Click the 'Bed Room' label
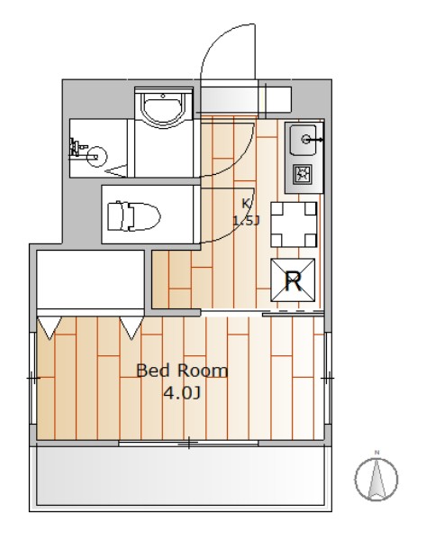click(182, 371)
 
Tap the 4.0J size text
click(182, 393)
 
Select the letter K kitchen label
click(246, 204)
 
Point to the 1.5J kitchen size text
click(246, 221)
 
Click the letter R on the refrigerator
click(294, 281)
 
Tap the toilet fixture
click(133, 216)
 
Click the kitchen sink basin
click(303, 140)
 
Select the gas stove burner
click(303, 174)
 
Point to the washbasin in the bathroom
click(164, 108)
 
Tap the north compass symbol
click(376, 479)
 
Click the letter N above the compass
click(377, 453)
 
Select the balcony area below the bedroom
click(180, 478)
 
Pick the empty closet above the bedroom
click(90, 280)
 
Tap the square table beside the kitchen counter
click(294, 225)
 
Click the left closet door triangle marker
click(50, 327)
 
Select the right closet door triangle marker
click(131, 327)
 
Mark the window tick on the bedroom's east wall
click(328, 378)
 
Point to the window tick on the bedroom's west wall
click(33, 378)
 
